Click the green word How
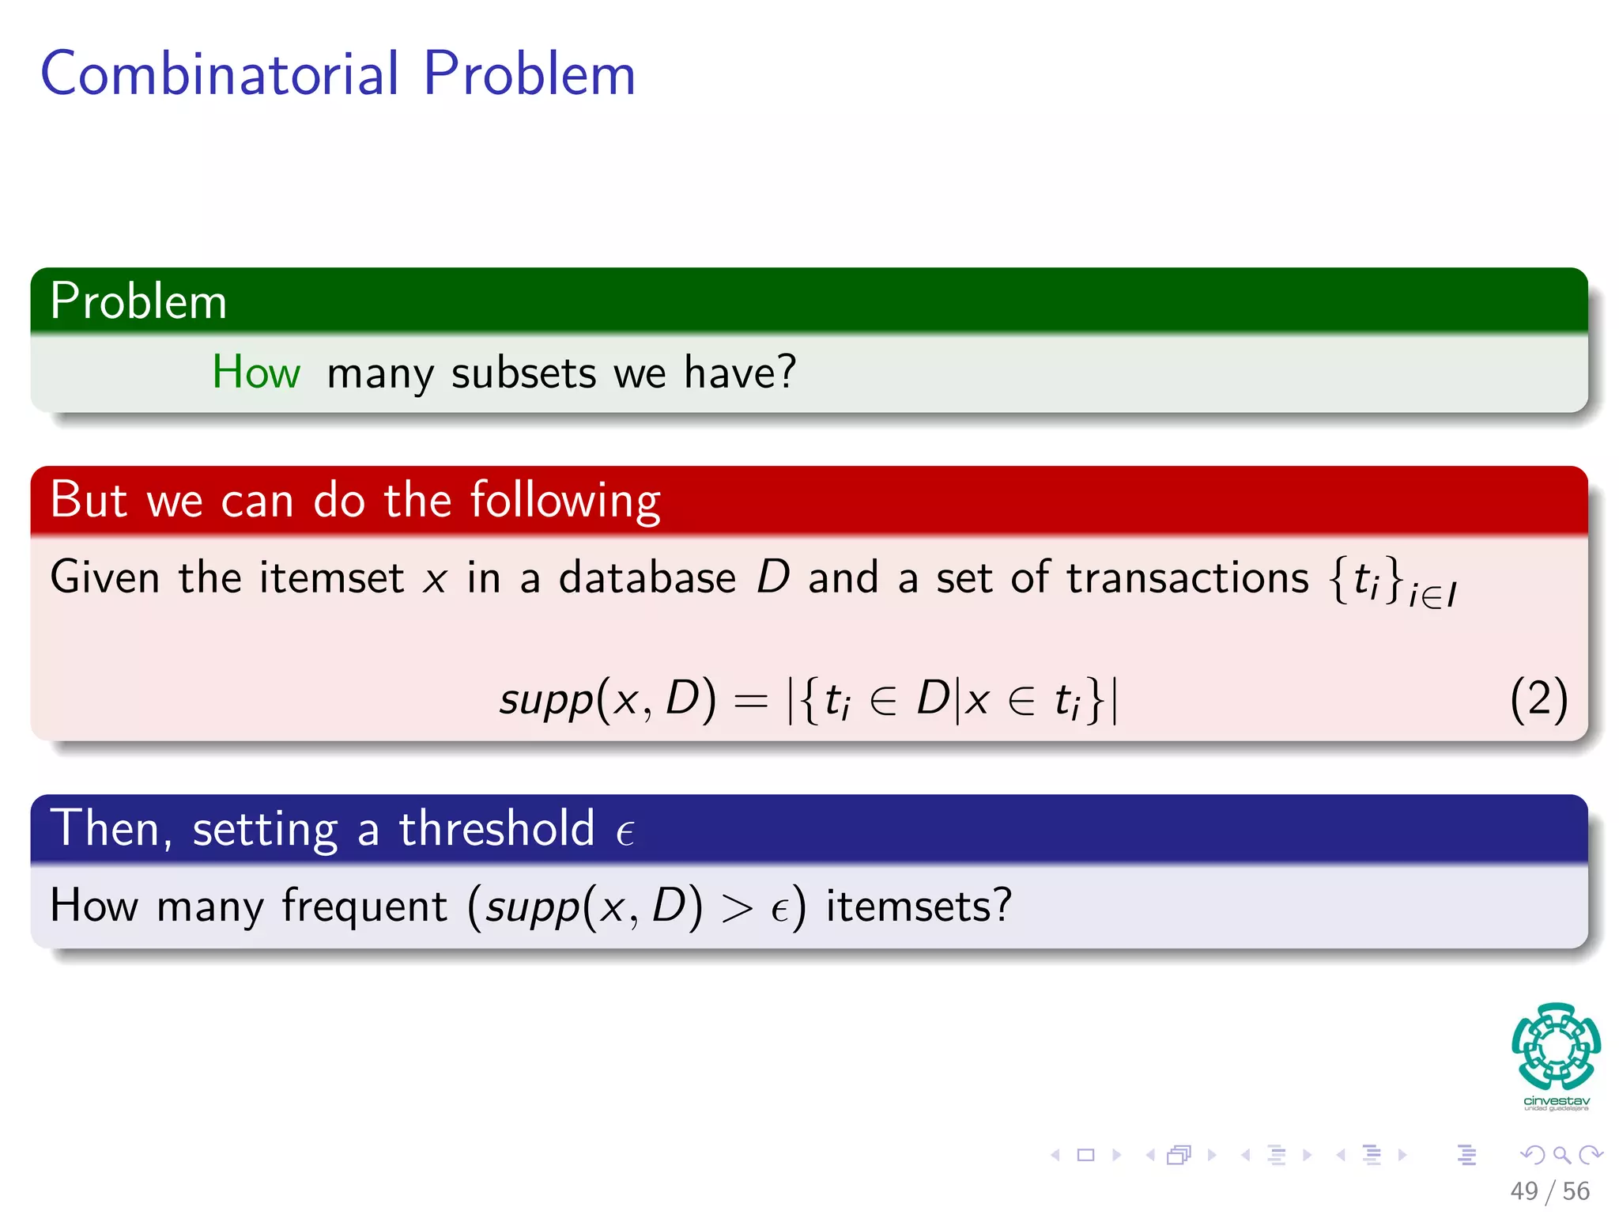256,372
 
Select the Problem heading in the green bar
138,301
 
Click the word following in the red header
565,502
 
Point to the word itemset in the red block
331,577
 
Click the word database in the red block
647,577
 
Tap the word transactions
1187,577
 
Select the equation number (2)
1538,699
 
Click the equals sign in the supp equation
750,701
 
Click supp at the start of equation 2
545,701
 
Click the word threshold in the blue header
496,829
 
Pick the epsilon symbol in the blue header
625,833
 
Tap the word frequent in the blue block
364,906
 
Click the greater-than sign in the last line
736,908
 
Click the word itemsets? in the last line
919,906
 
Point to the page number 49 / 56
1549,1190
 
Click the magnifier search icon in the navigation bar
1561,1155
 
